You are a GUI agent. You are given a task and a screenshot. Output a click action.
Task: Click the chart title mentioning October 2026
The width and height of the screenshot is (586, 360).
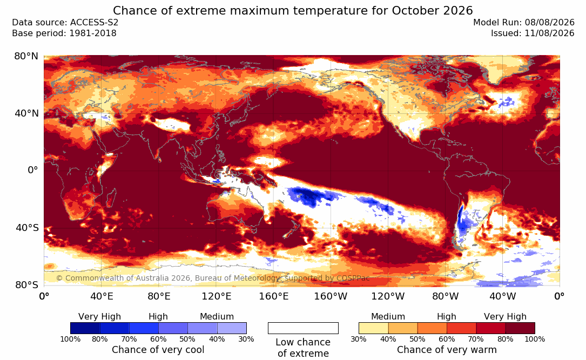[293, 10]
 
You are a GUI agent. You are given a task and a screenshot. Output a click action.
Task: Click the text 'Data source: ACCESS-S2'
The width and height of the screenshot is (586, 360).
[65, 23]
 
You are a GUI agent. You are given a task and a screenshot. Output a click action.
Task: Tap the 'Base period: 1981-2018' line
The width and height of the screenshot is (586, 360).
[64, 33]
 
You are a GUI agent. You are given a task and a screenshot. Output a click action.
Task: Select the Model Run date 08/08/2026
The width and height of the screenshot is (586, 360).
[549, 23]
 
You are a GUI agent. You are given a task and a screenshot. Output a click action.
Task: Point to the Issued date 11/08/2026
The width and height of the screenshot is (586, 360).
[549, 33]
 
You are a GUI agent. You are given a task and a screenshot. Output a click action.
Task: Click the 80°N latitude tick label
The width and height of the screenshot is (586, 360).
[26, 56]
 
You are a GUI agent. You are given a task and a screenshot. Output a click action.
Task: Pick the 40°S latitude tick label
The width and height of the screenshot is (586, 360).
[26, 227]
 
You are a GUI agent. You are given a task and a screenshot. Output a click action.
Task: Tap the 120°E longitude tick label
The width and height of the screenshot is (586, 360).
[217, 296]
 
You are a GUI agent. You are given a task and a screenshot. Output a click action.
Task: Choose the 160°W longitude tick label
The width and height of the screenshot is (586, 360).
[331, 296]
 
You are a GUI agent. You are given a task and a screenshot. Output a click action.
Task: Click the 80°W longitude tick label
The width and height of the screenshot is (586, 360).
[445, 296]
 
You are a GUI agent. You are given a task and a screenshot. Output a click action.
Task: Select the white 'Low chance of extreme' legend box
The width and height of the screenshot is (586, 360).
[303, 328]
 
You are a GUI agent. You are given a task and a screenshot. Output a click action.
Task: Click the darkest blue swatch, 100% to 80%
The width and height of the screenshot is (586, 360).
[85, 328]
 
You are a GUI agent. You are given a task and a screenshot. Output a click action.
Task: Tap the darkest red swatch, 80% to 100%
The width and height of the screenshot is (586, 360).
[520, 328]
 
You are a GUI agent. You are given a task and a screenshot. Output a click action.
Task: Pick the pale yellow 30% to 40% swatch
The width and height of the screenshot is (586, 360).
[374, 328]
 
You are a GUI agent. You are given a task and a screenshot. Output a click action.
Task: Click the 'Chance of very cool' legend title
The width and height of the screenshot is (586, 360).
[158, 350]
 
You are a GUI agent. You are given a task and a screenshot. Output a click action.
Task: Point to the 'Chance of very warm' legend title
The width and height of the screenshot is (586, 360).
[447, 350]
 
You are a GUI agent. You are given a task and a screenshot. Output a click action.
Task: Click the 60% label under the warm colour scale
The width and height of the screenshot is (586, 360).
[447, 339]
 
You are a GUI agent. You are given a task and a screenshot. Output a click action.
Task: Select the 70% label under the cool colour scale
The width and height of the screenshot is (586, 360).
[129, 339]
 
